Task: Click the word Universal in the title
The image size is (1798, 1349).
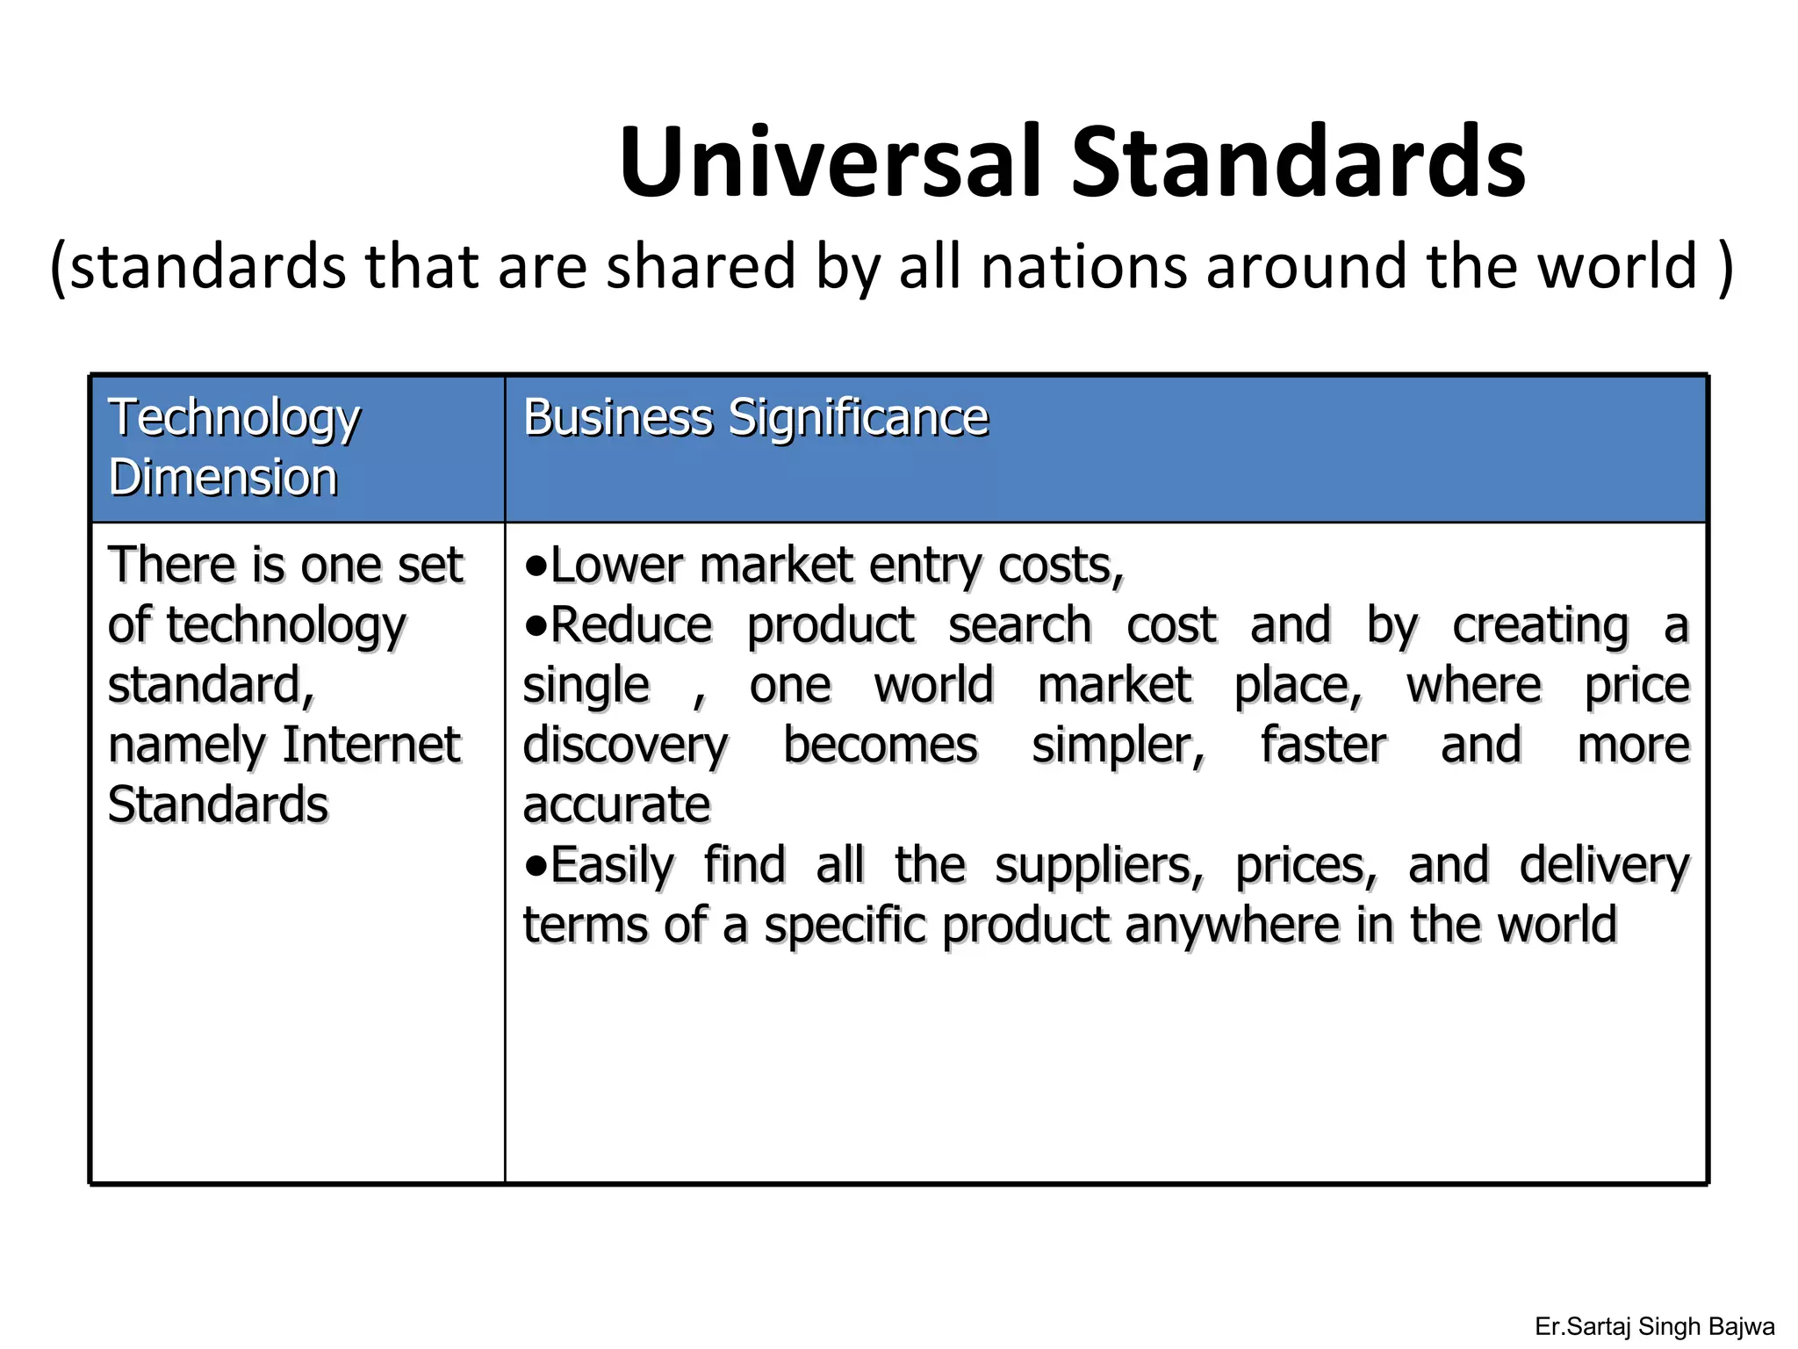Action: pos(832,163)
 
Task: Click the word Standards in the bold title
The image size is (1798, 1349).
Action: pos(1298,163)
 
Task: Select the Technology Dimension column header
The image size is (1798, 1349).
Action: pos(234,447)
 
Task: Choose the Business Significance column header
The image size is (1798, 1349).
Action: pos(755,417)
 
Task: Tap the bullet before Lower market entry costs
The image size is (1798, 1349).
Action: pos(535,566)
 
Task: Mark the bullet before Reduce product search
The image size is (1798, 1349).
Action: pos(535,625)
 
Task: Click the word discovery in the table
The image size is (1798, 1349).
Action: pos(625,747)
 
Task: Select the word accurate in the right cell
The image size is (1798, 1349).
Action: pos(616,805)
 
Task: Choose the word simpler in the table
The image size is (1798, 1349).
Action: pos(1118,746)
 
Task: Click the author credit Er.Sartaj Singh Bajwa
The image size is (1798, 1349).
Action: pos(1654,1326)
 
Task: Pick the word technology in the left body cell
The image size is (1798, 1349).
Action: pos(286,626)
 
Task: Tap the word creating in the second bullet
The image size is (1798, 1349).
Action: pos(1540,626)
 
